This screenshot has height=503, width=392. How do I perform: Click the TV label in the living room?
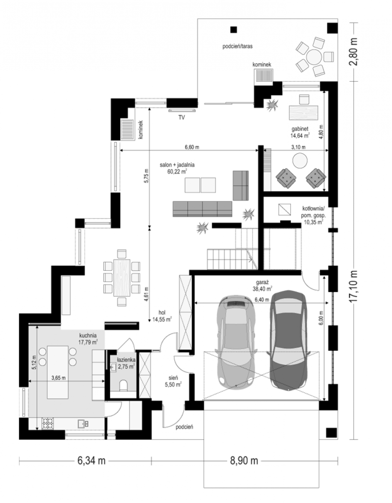[181, 118]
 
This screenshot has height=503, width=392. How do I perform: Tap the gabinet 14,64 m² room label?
[300, 132]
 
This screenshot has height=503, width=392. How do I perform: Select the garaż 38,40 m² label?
[262, 285]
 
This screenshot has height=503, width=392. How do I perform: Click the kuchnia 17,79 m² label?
[88, 339]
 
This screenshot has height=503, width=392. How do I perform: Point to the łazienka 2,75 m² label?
[126, 363]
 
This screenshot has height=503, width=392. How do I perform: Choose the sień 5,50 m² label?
[173, 381]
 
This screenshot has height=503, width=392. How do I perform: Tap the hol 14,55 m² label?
[162, 316]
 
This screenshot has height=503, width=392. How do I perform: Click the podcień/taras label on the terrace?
[237, 46]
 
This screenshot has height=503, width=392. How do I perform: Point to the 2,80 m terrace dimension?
[353, 52]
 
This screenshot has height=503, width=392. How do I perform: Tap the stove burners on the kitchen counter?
[47, 423]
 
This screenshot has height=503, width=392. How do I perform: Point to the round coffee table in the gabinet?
[300, 161]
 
